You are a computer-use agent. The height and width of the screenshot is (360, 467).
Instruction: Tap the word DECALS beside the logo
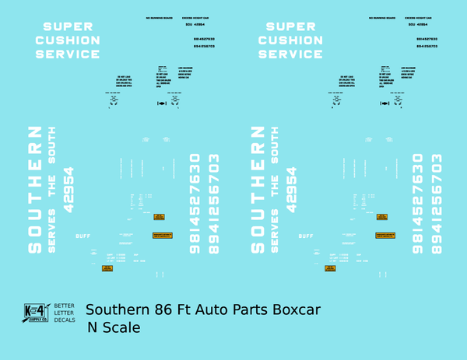point(64,321)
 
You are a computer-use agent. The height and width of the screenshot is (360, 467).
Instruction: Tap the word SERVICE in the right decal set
point(290,54)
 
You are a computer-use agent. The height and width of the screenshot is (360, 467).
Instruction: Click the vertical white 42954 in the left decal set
point(68,189)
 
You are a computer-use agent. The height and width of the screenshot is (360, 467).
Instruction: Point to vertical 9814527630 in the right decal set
point(417,204)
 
